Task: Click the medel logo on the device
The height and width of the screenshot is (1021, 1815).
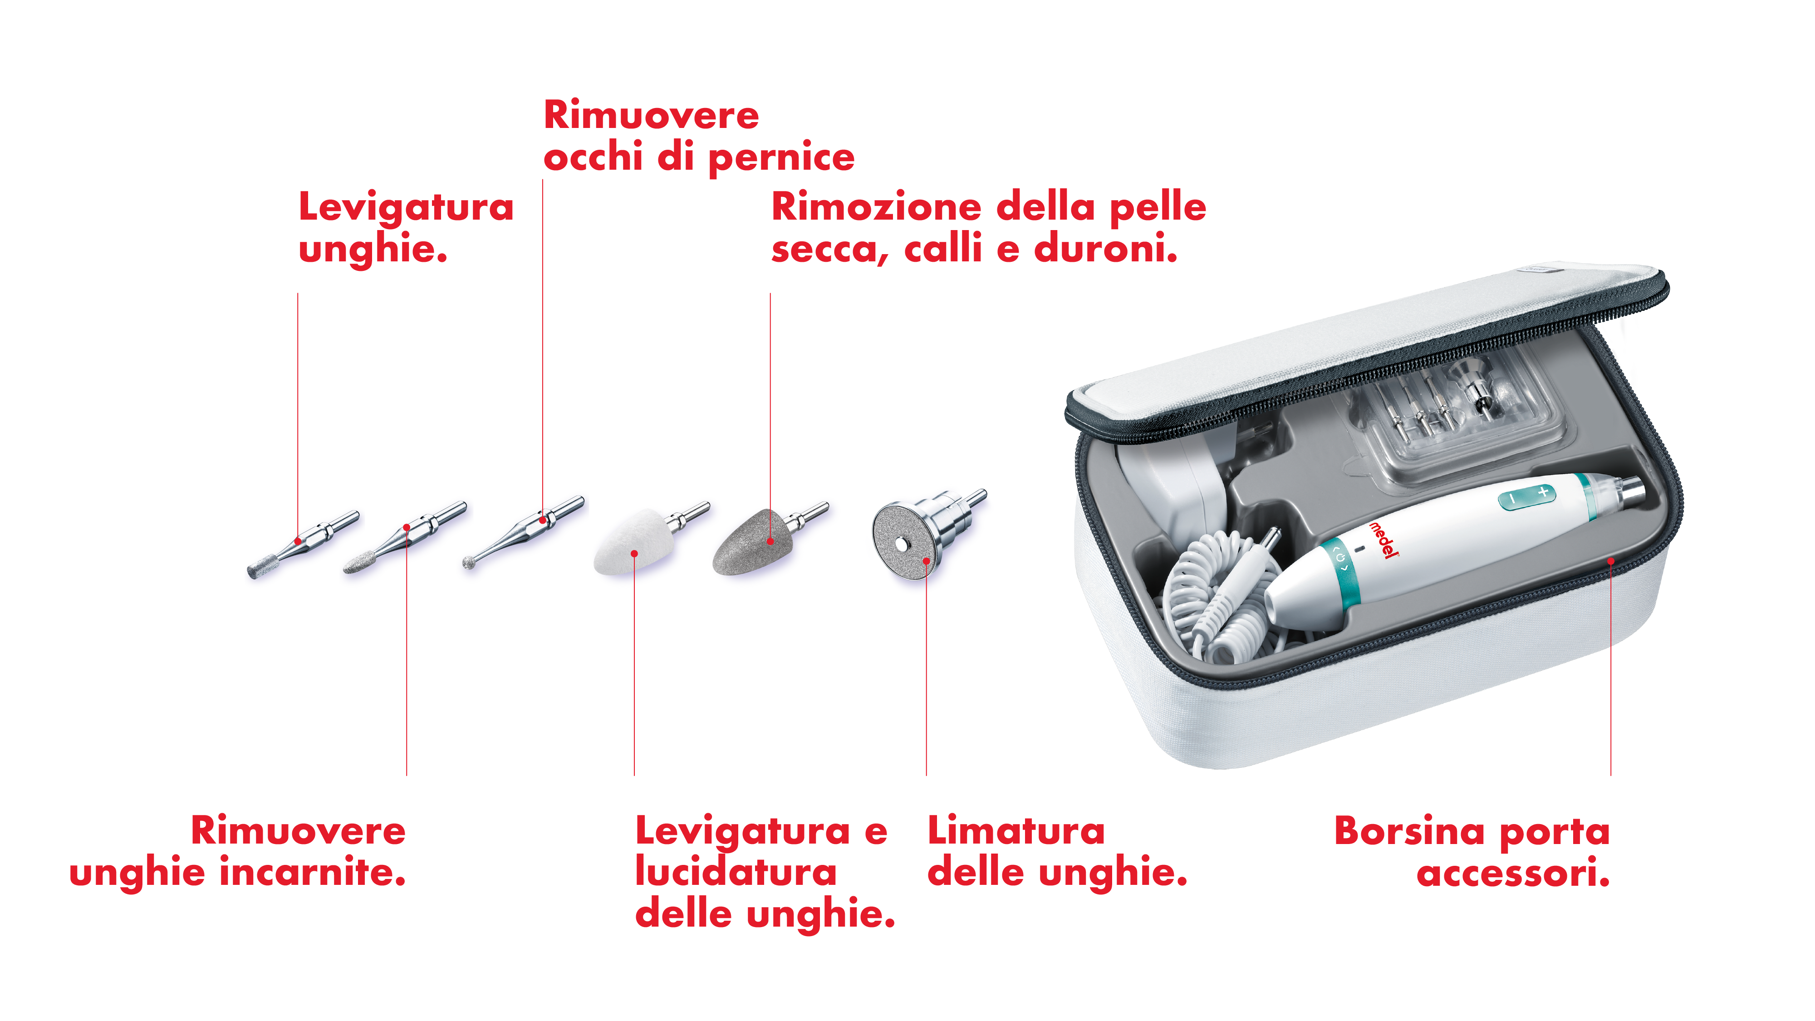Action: pos(1383,540)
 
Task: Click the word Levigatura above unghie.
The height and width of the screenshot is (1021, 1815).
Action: pos(406,208)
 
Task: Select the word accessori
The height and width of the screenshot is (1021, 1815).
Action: pos(1513,873)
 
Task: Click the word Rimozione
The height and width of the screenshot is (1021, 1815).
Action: pos(877,207)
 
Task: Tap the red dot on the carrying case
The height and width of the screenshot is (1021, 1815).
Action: pos(1611,561)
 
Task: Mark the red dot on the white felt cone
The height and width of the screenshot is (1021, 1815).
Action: pos(634,554)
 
